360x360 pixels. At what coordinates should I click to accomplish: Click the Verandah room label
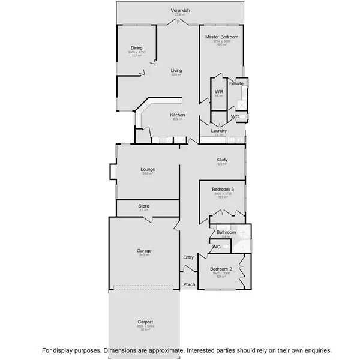click(x=180, y=11)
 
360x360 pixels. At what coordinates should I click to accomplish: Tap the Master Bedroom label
click(x=221, y=37)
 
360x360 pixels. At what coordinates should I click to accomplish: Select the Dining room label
click(x=137, y=48)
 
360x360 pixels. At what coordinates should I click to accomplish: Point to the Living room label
click(x=176, y=70)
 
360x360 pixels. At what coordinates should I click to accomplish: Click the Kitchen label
click(x=176, y=115)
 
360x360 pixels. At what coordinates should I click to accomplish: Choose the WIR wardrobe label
click(x=219, y=92)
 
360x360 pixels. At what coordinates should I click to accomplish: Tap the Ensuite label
click(x=236, y=83)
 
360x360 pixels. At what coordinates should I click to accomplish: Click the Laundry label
click(x=218, y=130)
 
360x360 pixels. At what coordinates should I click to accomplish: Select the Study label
click(x=222, y=160)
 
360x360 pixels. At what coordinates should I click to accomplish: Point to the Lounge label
click(x=148, y=169)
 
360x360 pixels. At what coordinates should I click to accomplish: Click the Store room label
click(x=143, y=206)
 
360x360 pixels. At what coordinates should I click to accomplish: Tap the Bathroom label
click(x=226, y=232)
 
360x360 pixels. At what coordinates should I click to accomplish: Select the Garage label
click(x=143, y=251)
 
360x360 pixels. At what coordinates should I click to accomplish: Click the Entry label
click(x=188, y=257)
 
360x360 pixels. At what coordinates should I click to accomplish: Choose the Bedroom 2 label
click(x=221, y=269)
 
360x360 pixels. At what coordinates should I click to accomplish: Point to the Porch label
click(x=189, y=284)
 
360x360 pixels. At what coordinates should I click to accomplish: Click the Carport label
click(x=145, y=322)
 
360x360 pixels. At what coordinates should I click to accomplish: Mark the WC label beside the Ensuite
click(x=236, y=116)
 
